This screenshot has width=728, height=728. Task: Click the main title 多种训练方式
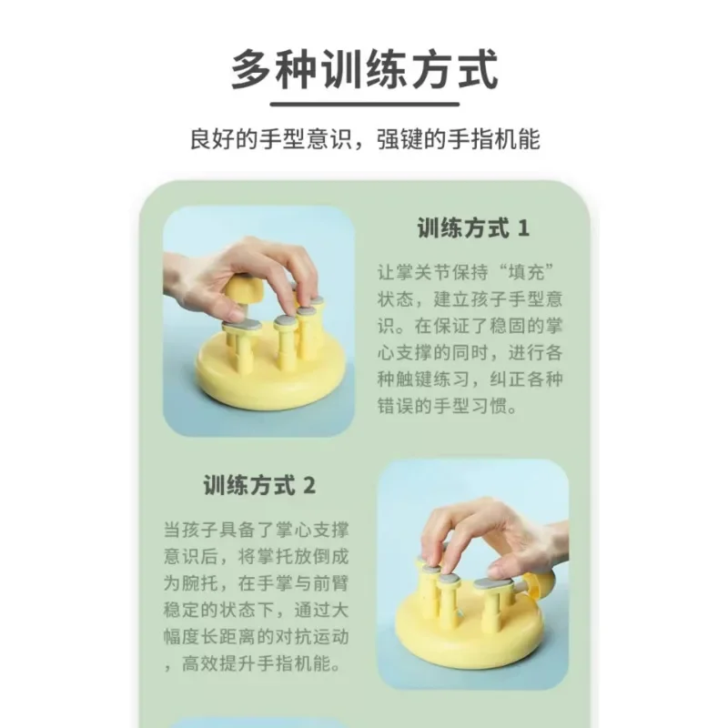click(x=365, y=70)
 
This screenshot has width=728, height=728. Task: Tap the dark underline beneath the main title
click(x=365, y=104)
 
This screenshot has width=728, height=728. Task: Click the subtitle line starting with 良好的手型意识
click(x=365, y=139)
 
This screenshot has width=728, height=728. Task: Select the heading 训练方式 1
click(x=473, y=228)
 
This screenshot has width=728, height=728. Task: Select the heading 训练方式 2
click(x=259, y=485)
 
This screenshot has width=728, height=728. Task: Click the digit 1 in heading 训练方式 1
click(x=523, y=228)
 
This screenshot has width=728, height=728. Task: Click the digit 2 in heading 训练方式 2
click(x=309, y=486)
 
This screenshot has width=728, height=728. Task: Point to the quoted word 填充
click(x=526, y=272)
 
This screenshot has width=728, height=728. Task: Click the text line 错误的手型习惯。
click(x=448, y=406)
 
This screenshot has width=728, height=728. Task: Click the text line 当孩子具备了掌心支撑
click(x=257, y=530)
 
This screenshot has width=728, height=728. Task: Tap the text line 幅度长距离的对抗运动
click(x=257, y=636)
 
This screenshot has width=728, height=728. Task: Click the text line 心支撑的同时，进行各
click(x=470, y=353)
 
